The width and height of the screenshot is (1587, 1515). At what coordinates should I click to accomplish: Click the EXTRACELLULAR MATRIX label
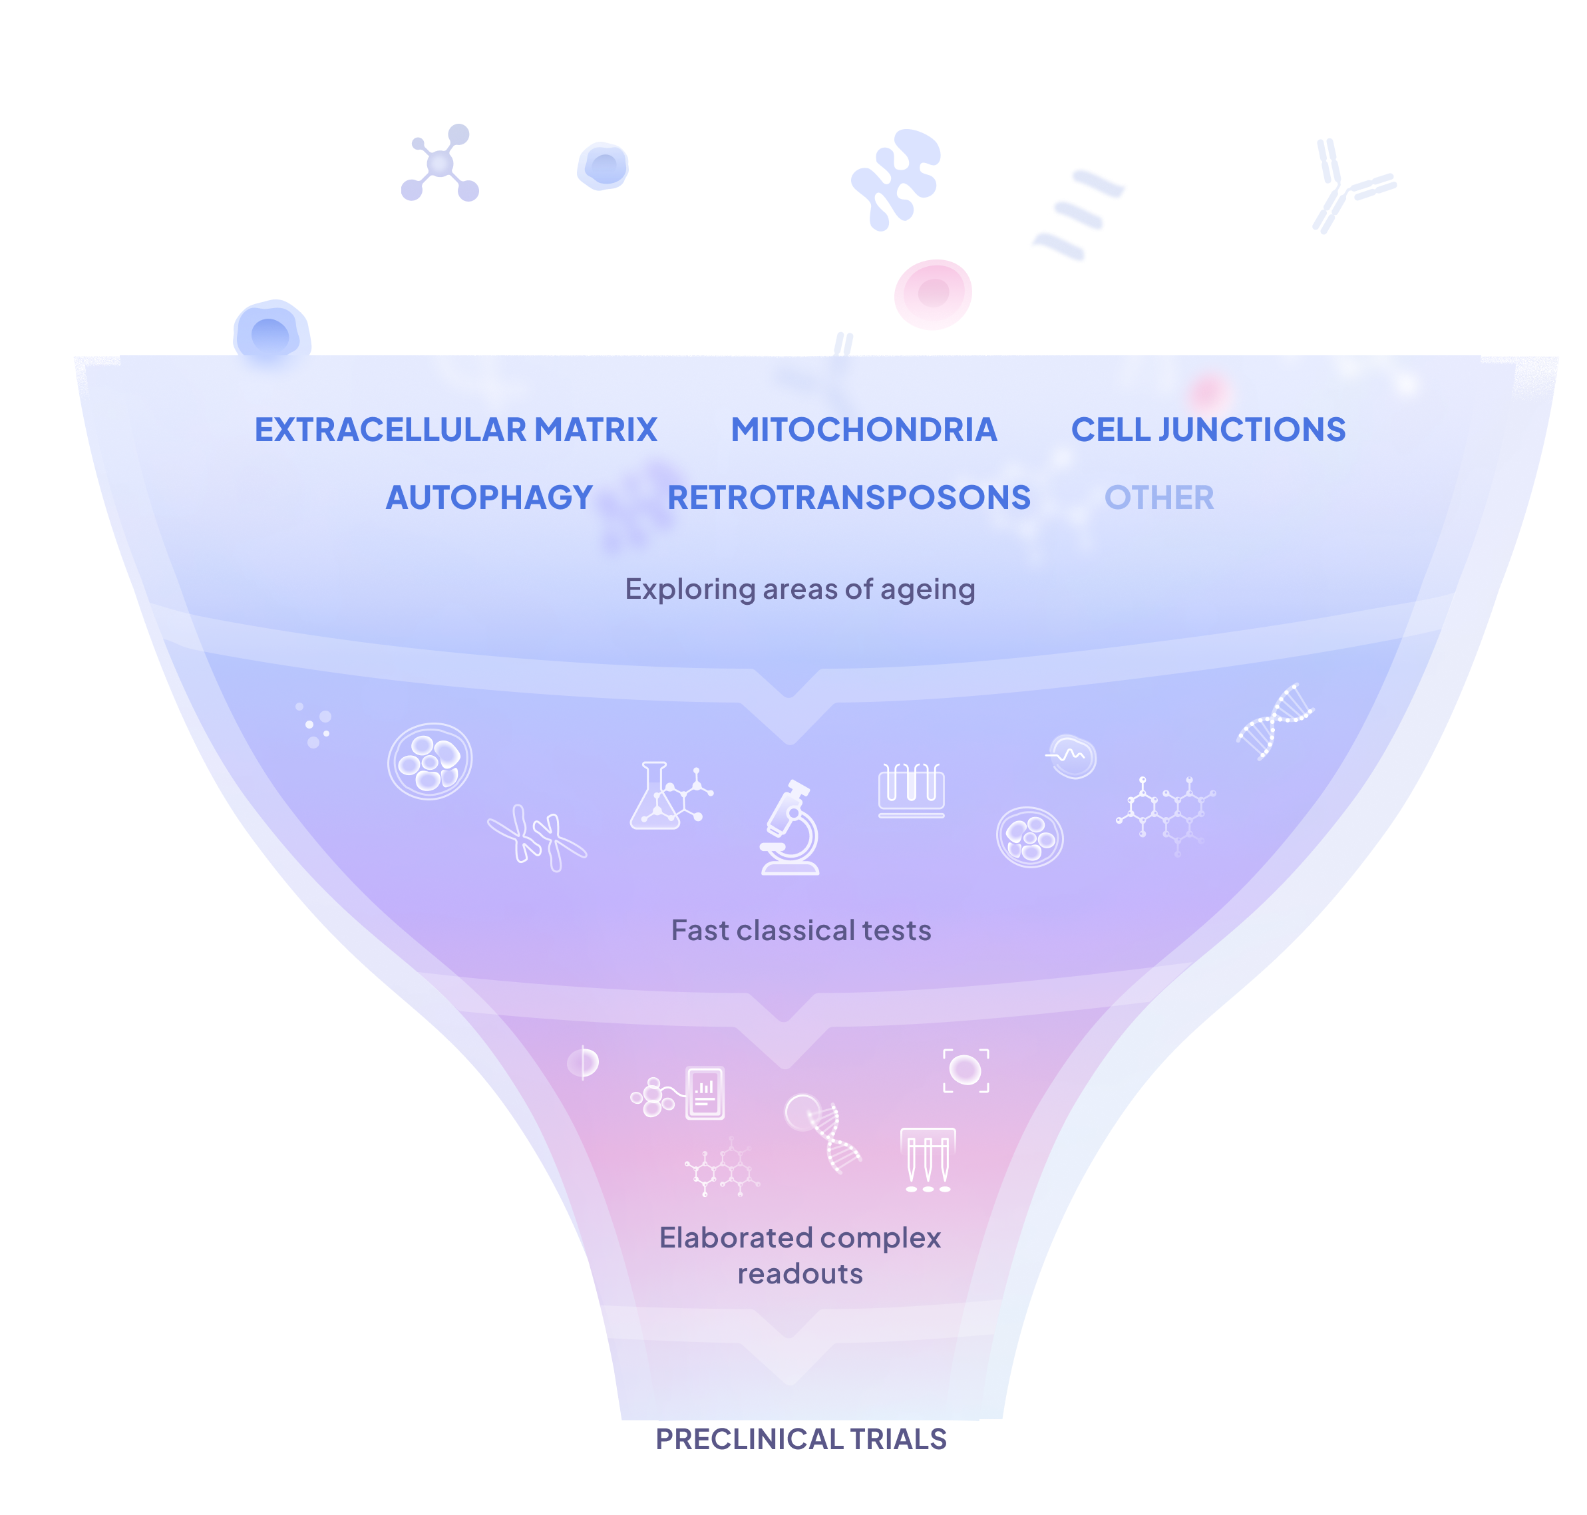tap(456, 430)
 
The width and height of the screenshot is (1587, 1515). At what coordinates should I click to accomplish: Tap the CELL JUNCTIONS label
tap(1208, 430)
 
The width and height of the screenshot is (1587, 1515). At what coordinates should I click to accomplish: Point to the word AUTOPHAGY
tap(490, 498)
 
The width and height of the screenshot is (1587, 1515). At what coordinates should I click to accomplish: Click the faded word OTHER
tap(1158, 498)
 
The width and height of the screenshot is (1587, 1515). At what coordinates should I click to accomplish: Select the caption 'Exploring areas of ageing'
tap(800, 589)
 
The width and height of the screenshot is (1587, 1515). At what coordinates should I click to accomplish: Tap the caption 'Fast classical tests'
tap(800, 930)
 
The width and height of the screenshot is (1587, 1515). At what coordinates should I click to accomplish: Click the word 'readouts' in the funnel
tap(800, 1273)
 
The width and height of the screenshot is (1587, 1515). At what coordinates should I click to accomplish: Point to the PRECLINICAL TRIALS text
tap(800, 1439)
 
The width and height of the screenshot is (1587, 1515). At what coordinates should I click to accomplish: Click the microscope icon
tap(791, 827)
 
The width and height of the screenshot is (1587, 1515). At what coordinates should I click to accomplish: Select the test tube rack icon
tap(911, 790)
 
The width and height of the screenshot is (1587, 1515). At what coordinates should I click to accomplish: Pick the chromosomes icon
tap(537, 838)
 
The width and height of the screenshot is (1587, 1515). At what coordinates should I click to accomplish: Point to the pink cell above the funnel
tap(933, 293)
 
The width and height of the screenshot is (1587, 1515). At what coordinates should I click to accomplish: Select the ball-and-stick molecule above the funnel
tap(440, 163)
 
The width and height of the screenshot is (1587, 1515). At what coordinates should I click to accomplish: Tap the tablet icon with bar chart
tap(704, 1093)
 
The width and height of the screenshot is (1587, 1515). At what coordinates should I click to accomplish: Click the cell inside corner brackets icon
tap(965, 1071)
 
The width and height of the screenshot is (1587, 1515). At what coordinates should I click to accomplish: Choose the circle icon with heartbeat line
tap(1072, 757)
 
